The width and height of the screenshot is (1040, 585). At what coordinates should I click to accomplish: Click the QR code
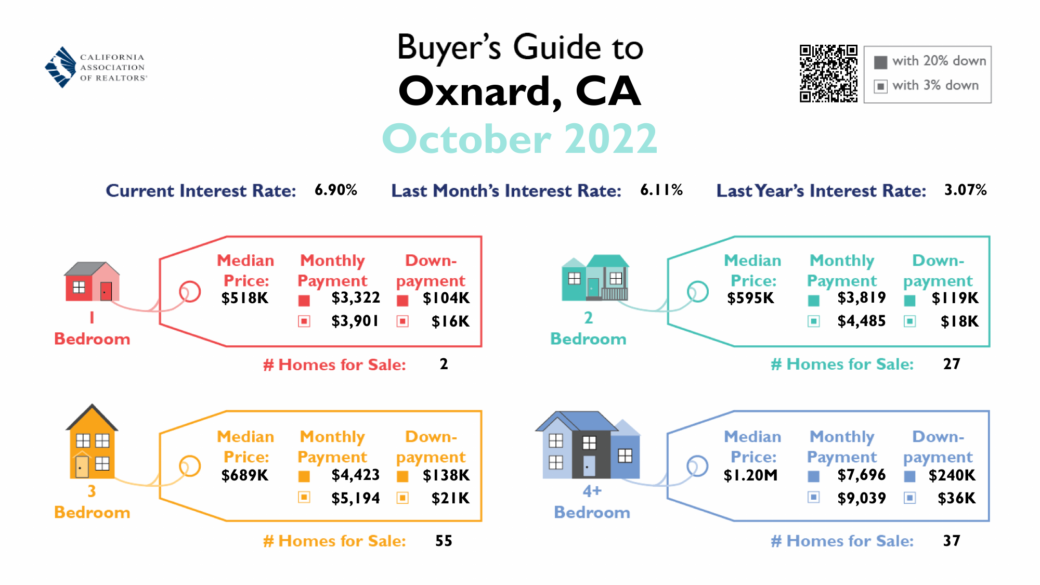coord(828,73)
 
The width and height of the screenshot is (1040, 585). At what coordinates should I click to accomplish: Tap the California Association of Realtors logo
coord(96,67)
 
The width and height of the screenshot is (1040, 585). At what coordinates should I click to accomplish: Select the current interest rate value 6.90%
coord(336,190)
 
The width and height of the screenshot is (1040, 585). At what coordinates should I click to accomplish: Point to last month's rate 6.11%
coord(661,190)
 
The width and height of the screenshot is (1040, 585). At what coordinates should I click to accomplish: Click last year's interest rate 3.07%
coord(966,190)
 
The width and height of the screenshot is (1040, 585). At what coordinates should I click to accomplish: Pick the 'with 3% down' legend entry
coord(927,86)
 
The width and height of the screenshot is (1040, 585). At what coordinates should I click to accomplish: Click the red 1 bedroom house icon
coord(92,281)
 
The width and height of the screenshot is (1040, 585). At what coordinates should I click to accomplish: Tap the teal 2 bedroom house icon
coord(595,278)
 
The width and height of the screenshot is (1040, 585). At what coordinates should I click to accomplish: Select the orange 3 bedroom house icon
coord(92,441)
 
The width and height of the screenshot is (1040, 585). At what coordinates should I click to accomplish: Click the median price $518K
coord(244,298)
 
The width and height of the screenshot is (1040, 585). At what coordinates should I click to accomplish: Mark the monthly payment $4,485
coord(861,321)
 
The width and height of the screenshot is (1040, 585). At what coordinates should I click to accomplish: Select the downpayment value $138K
coord(446,475)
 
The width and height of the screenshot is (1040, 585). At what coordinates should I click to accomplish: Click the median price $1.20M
coord(750,475)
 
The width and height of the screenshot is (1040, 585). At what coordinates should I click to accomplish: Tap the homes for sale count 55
coord(444,541)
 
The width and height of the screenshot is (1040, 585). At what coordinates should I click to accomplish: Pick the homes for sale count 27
coord(952,364)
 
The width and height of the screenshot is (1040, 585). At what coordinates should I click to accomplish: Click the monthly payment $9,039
coord(861,498)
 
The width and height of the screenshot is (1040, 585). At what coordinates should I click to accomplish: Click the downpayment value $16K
coord(450,321)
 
